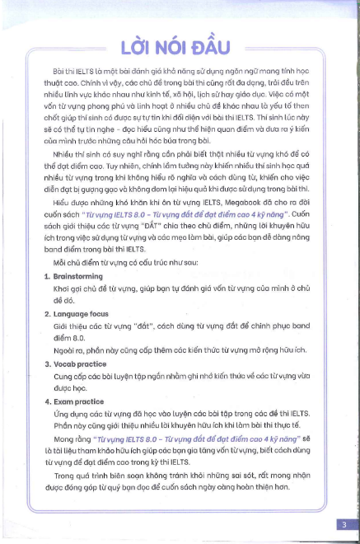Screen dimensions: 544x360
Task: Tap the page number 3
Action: pyautogui.click(x=341, y=523)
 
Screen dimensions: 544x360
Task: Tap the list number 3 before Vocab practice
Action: pyautogui.click(x=46, y=363)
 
